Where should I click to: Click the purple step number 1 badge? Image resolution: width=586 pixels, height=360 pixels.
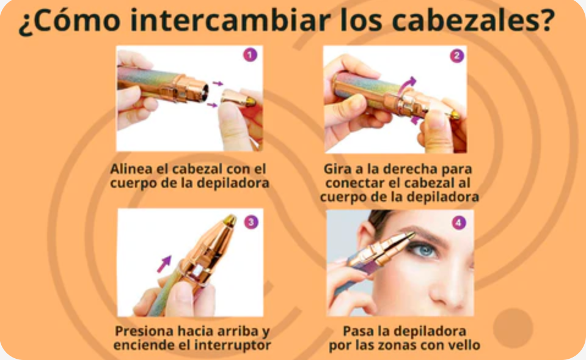click(250, 55)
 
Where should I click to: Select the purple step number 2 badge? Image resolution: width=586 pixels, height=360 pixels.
click(456, 56)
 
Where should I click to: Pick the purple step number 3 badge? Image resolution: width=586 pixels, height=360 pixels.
click(251, 222)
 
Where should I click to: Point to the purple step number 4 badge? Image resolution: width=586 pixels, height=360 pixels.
click(458, 223)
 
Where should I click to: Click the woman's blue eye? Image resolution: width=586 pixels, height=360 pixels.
click(425, 249)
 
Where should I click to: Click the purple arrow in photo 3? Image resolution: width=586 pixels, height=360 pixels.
click(164, 264)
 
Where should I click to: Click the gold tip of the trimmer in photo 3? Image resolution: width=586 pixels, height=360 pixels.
click(230, 221)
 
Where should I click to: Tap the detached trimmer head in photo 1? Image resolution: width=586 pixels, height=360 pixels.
click(238, 98)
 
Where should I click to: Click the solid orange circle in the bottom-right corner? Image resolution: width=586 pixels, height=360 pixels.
click(513, 328)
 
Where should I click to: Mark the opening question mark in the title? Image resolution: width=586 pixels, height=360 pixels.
click(25, 24)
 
